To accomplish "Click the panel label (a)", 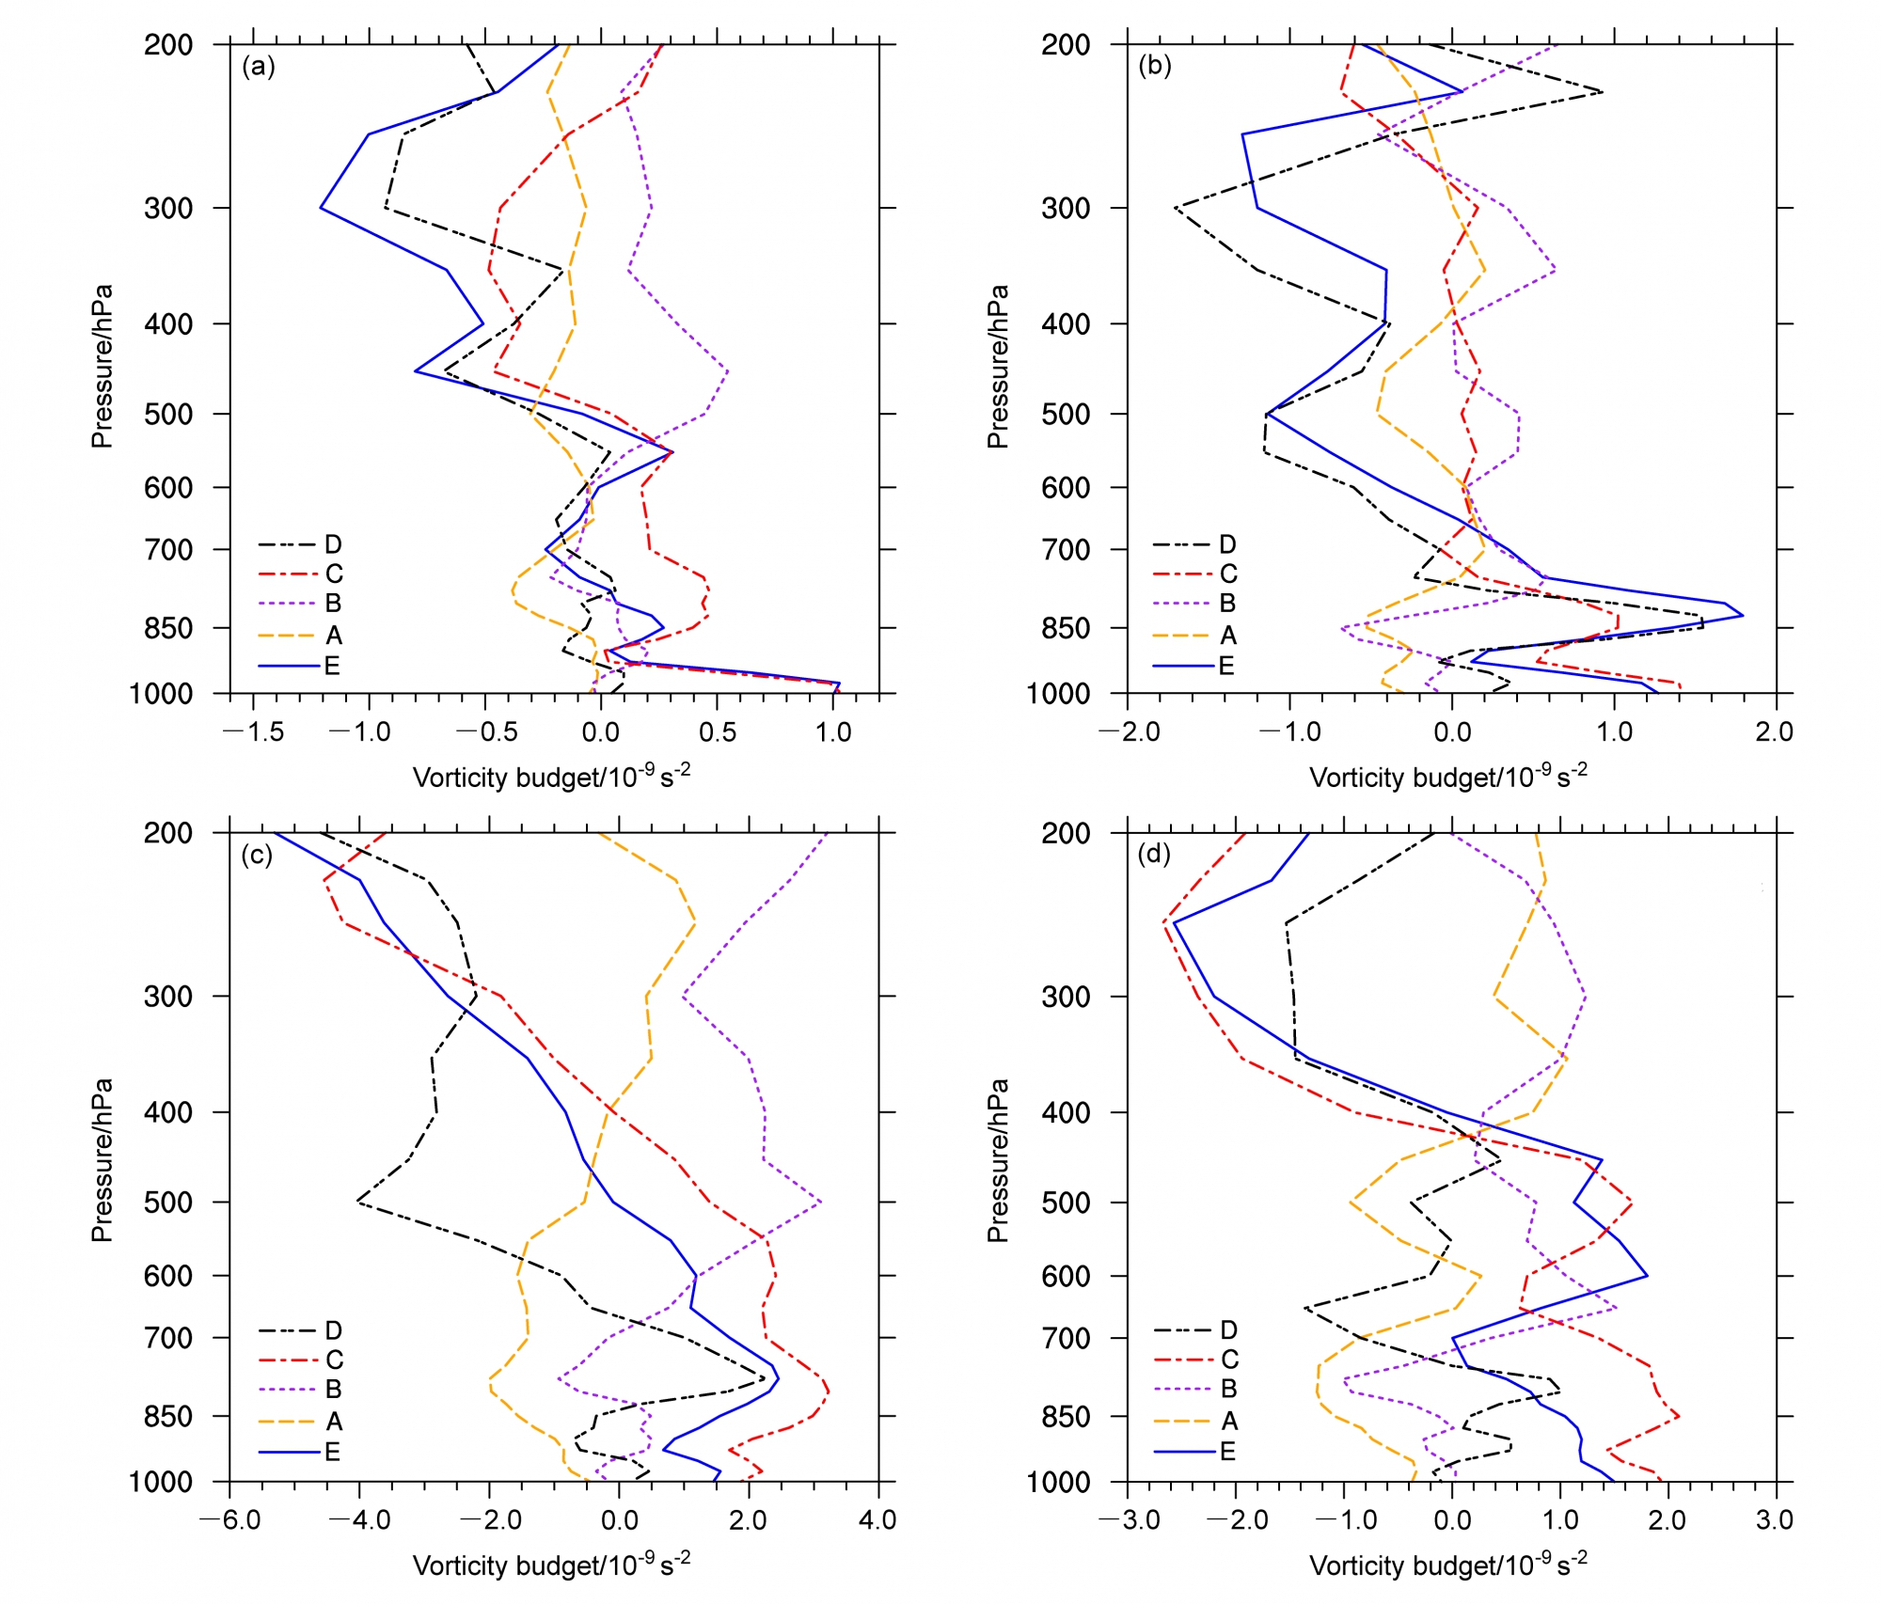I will click(258, 67).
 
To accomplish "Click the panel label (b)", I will click(1154, 67).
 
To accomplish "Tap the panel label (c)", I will click(257, 855).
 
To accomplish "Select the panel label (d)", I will click(1154, 855).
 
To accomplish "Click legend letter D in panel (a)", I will click(333, 544).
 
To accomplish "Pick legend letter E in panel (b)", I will click(1226, 666).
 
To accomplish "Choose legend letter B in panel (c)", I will click(333, 1390).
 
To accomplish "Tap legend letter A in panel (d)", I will click(1228, 1421).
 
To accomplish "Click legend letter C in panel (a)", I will click(334, 574).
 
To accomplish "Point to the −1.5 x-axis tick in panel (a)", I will click(254, 732).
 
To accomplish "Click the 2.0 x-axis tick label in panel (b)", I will click(1774, 732).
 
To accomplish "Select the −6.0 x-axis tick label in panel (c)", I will click(230, 1520).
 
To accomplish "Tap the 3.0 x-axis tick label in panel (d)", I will click(1774, 1520).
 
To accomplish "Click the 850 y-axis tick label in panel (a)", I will click(168, 628).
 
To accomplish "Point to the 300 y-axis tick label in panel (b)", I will click(1066, 208).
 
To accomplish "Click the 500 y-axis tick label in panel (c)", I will click(168, 1203).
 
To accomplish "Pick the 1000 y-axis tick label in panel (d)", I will click(1057, 1483).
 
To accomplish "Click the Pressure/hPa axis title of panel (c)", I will click(102, 1160).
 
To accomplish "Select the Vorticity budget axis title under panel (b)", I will click(1448, 777).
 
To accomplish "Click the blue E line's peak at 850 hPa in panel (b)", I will click(1742, 616).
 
